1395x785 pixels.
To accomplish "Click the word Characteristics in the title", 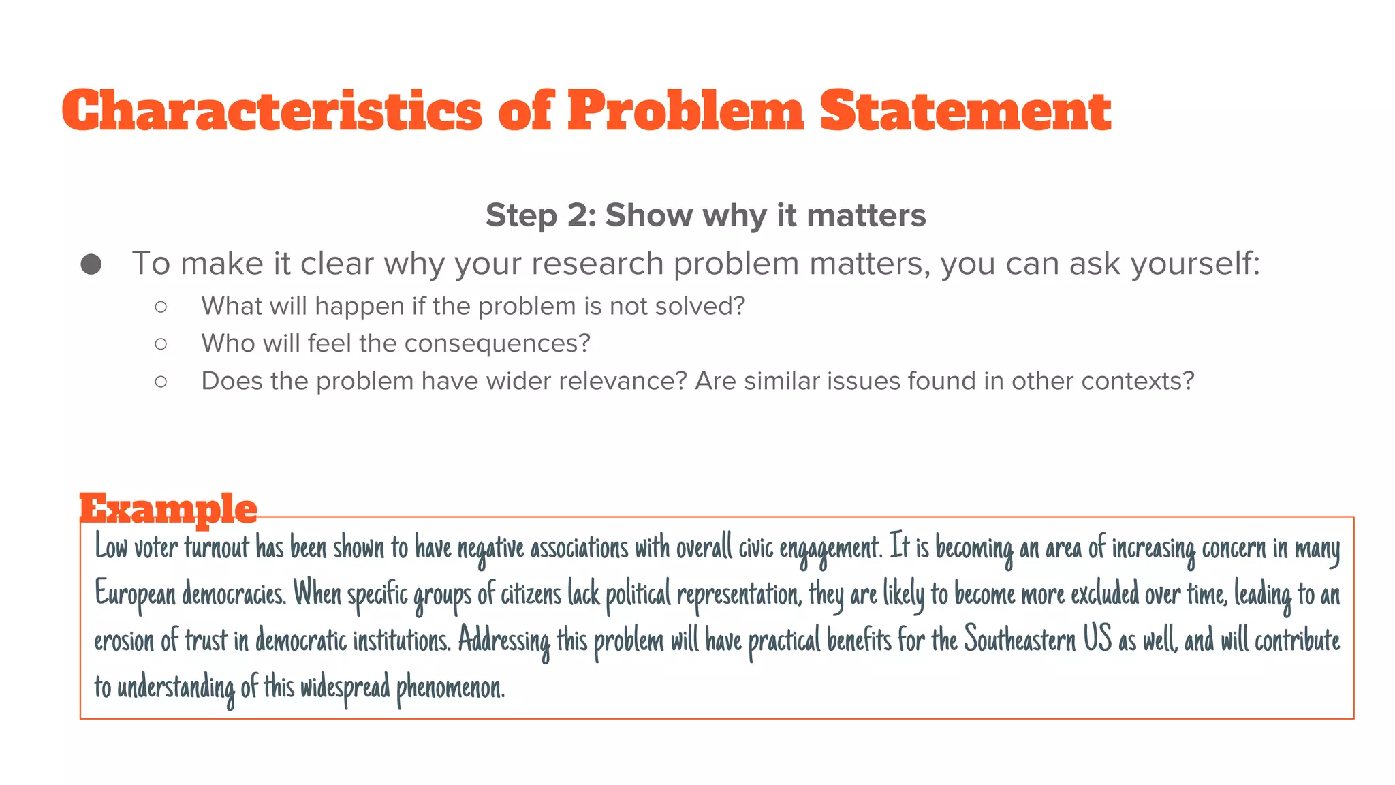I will (x=272, y=111).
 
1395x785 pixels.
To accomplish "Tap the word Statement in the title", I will (x=965, y=111).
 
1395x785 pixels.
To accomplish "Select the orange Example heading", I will (x=168, y=508).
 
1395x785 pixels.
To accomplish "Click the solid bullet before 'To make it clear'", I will (x=91, y=264).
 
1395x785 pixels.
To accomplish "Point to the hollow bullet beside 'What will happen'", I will (x=161, y=307).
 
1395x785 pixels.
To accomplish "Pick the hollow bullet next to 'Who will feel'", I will (x=161, y=344).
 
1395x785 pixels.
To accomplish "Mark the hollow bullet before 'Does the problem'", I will (x=161, y=382).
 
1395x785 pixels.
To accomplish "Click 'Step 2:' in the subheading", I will (x=541, y=215).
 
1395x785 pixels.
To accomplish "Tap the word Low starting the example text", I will (x=111, y=547).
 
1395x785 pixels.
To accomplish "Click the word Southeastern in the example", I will (x=1020, y=641).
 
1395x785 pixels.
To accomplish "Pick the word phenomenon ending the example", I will (x=450, y=687).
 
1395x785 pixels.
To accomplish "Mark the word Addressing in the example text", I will (x=503, y=641).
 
